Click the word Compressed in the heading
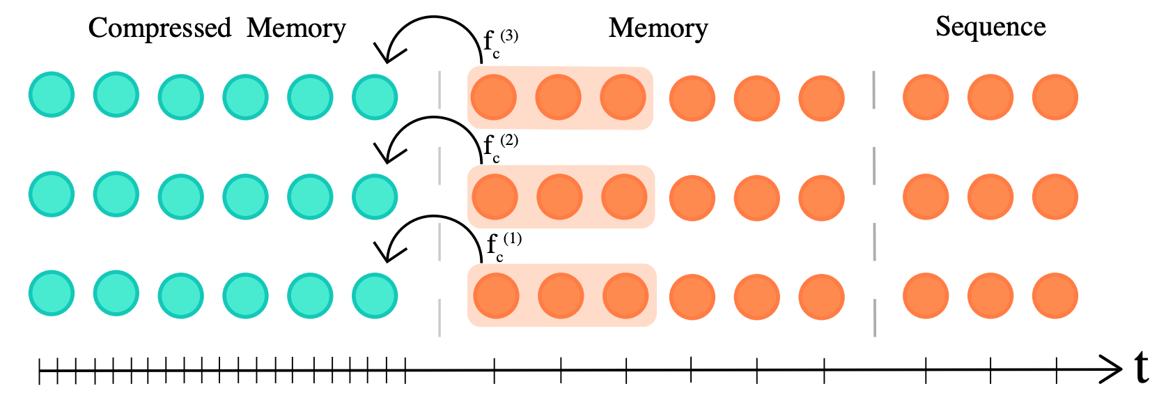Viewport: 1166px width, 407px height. point(160,29)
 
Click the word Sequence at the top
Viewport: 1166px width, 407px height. point(990,27)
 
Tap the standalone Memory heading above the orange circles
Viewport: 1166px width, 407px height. point(658,29)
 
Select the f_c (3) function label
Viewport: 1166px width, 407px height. point(499,43)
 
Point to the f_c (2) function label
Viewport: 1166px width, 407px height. point(499,147)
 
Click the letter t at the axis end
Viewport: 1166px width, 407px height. point(1141,367)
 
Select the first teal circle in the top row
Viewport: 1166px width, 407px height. point(52,95)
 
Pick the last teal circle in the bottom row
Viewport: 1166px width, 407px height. point(375,295)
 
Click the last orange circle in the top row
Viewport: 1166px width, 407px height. point(1055,98)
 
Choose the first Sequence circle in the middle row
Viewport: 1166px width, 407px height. point(925,197)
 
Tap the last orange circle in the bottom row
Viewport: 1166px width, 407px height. point(1055,295)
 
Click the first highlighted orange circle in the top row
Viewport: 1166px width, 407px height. point(494,97)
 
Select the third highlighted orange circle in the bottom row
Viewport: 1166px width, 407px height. point(625,295)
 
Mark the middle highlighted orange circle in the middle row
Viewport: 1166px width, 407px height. point(559,197)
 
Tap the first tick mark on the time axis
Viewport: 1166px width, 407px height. point(40,370)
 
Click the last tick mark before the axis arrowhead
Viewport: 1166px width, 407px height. point(1057,370)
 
